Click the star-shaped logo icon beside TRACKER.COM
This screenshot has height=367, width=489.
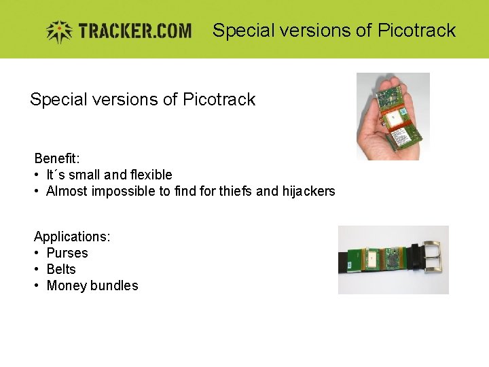click(x=58, y=31)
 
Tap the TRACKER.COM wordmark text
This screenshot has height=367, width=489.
click(x=134, y=31)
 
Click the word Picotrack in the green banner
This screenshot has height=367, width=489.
click(x=416, y=31)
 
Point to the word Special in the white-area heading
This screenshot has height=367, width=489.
click(x=59, y=99)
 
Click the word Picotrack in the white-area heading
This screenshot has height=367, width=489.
click(x=219, y=99)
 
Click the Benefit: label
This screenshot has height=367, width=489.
click(x=57, y=158)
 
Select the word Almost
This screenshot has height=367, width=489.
click(x=66, y=191)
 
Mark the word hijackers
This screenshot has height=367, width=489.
click(x=308, y=191)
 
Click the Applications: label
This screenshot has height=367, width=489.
click(x=72, y=237)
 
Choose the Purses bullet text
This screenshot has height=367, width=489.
click(x=67, y=253)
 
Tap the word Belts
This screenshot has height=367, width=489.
click(x=61, y=269)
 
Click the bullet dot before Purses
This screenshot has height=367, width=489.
click(x=37, y=253)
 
